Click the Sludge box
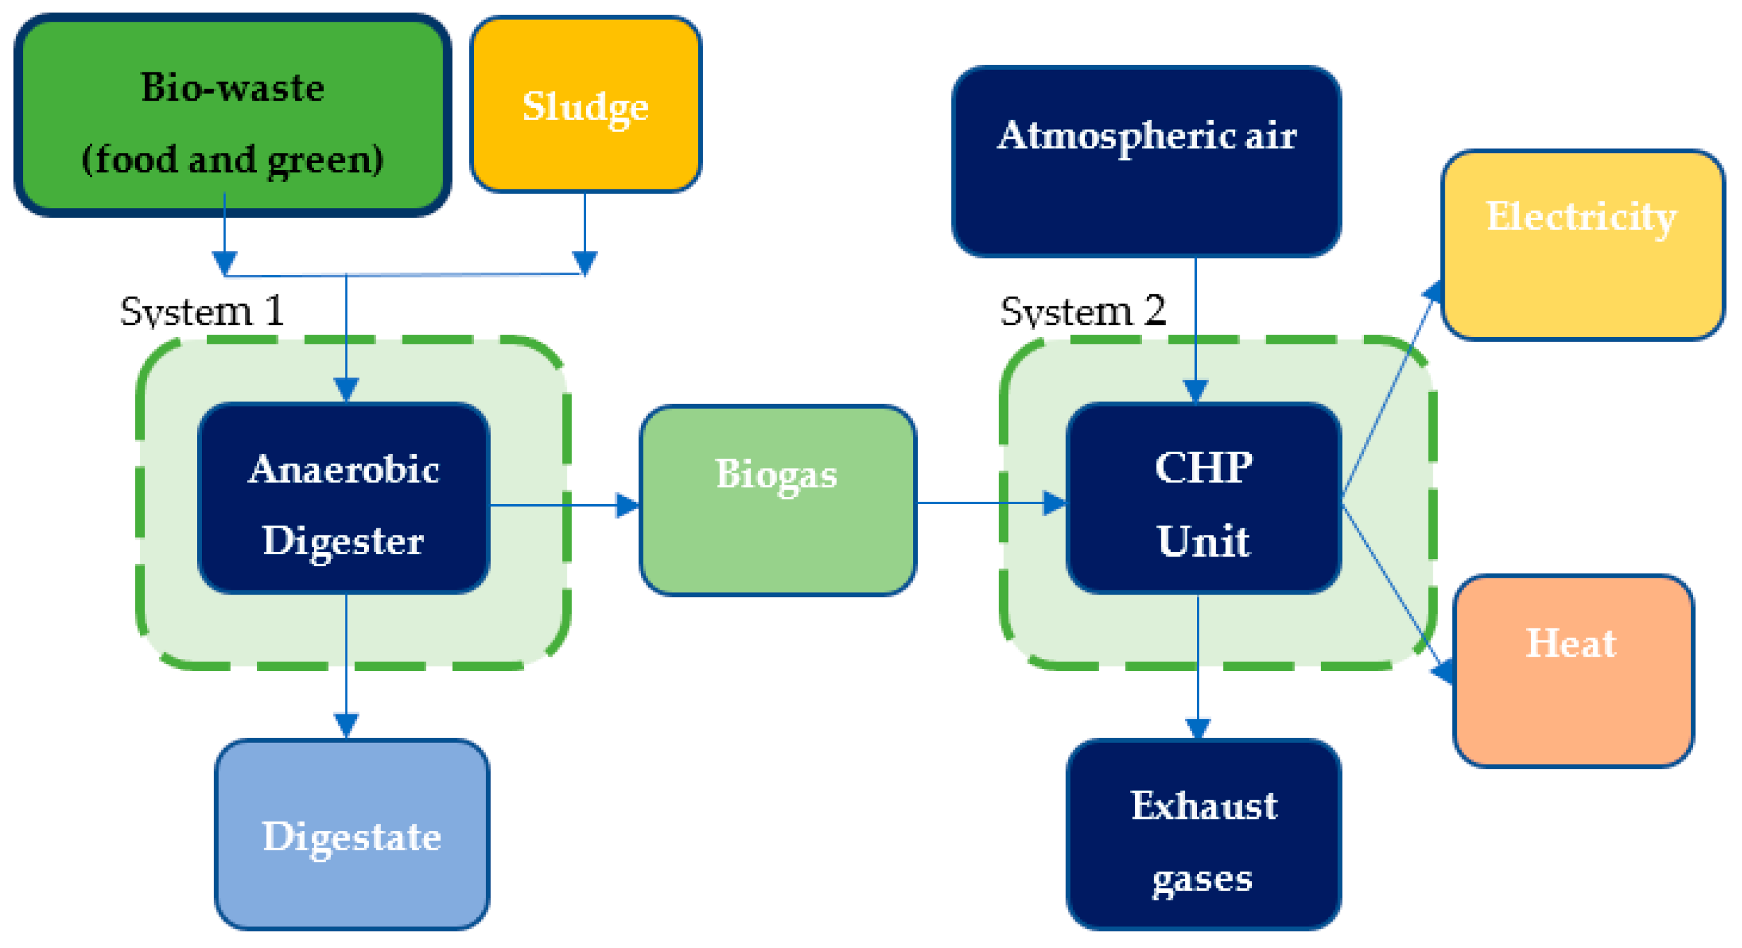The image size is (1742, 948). coord(585,105)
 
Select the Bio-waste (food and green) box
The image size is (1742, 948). coord(233,115)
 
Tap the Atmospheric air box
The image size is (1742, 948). coord(1146,161)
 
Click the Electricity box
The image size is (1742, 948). coord(1582,245)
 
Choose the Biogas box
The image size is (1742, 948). coord(778,501)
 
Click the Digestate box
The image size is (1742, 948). coord(352,835)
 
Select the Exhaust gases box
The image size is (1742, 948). coord(1204,835)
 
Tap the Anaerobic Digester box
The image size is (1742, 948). coord(344,498)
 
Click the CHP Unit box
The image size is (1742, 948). coord(1204,498)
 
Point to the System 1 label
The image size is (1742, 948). coord(201,312)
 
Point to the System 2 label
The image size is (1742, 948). coord(1083,312)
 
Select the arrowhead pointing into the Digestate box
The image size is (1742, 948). coord(346,725)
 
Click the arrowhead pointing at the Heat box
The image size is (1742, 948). coord(1443,671)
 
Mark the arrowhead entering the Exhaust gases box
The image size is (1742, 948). coord(1198,727)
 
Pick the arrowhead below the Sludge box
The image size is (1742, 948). coord(584,262)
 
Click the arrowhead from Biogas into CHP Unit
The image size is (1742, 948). coord(1054,503)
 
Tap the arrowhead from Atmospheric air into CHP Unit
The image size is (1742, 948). coord(1195,390)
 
